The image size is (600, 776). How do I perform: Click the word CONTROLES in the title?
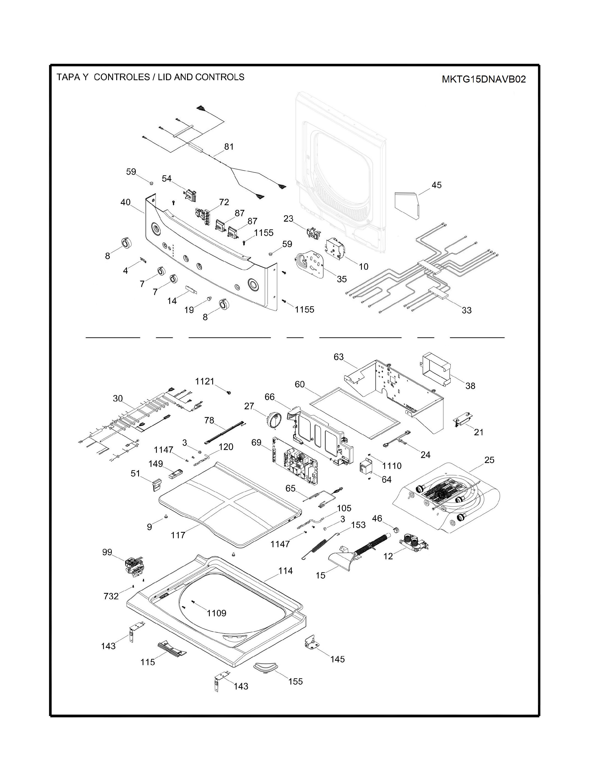pyautogui.click(x=122, y=77)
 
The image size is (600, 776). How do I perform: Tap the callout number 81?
pyautogui.click(x=229, y=146)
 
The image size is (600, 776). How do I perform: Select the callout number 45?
pyautogui.click(x=436, y=185)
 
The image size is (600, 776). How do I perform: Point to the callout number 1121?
pyautogui.click(x=205, y=381)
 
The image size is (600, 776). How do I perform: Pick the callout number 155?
pyautogui.click(x=295, y=681)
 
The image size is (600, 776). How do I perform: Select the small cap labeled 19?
pyautogui.click(x=209, y=297)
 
